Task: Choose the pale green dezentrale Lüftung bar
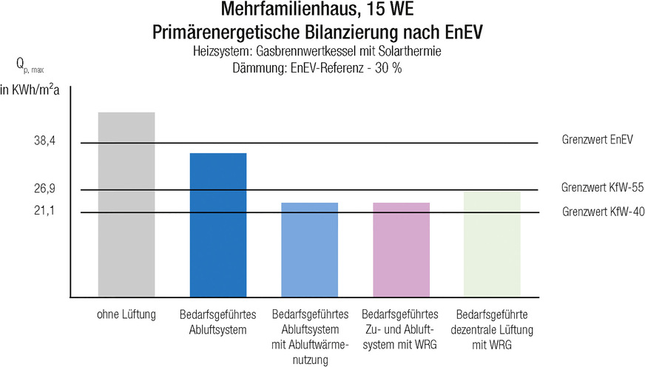click(492, 244)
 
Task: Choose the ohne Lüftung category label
click(126, 316)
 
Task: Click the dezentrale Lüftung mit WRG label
click(492, 330)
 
